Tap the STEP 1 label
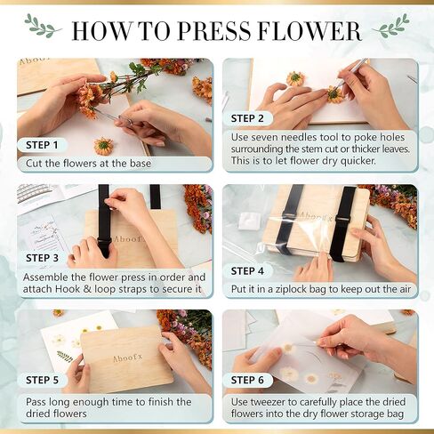[42, 144]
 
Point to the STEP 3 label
[42, 258]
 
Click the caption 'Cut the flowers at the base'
[89, 163]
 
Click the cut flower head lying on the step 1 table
[104, 145]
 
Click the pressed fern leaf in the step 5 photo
[65, 357]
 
